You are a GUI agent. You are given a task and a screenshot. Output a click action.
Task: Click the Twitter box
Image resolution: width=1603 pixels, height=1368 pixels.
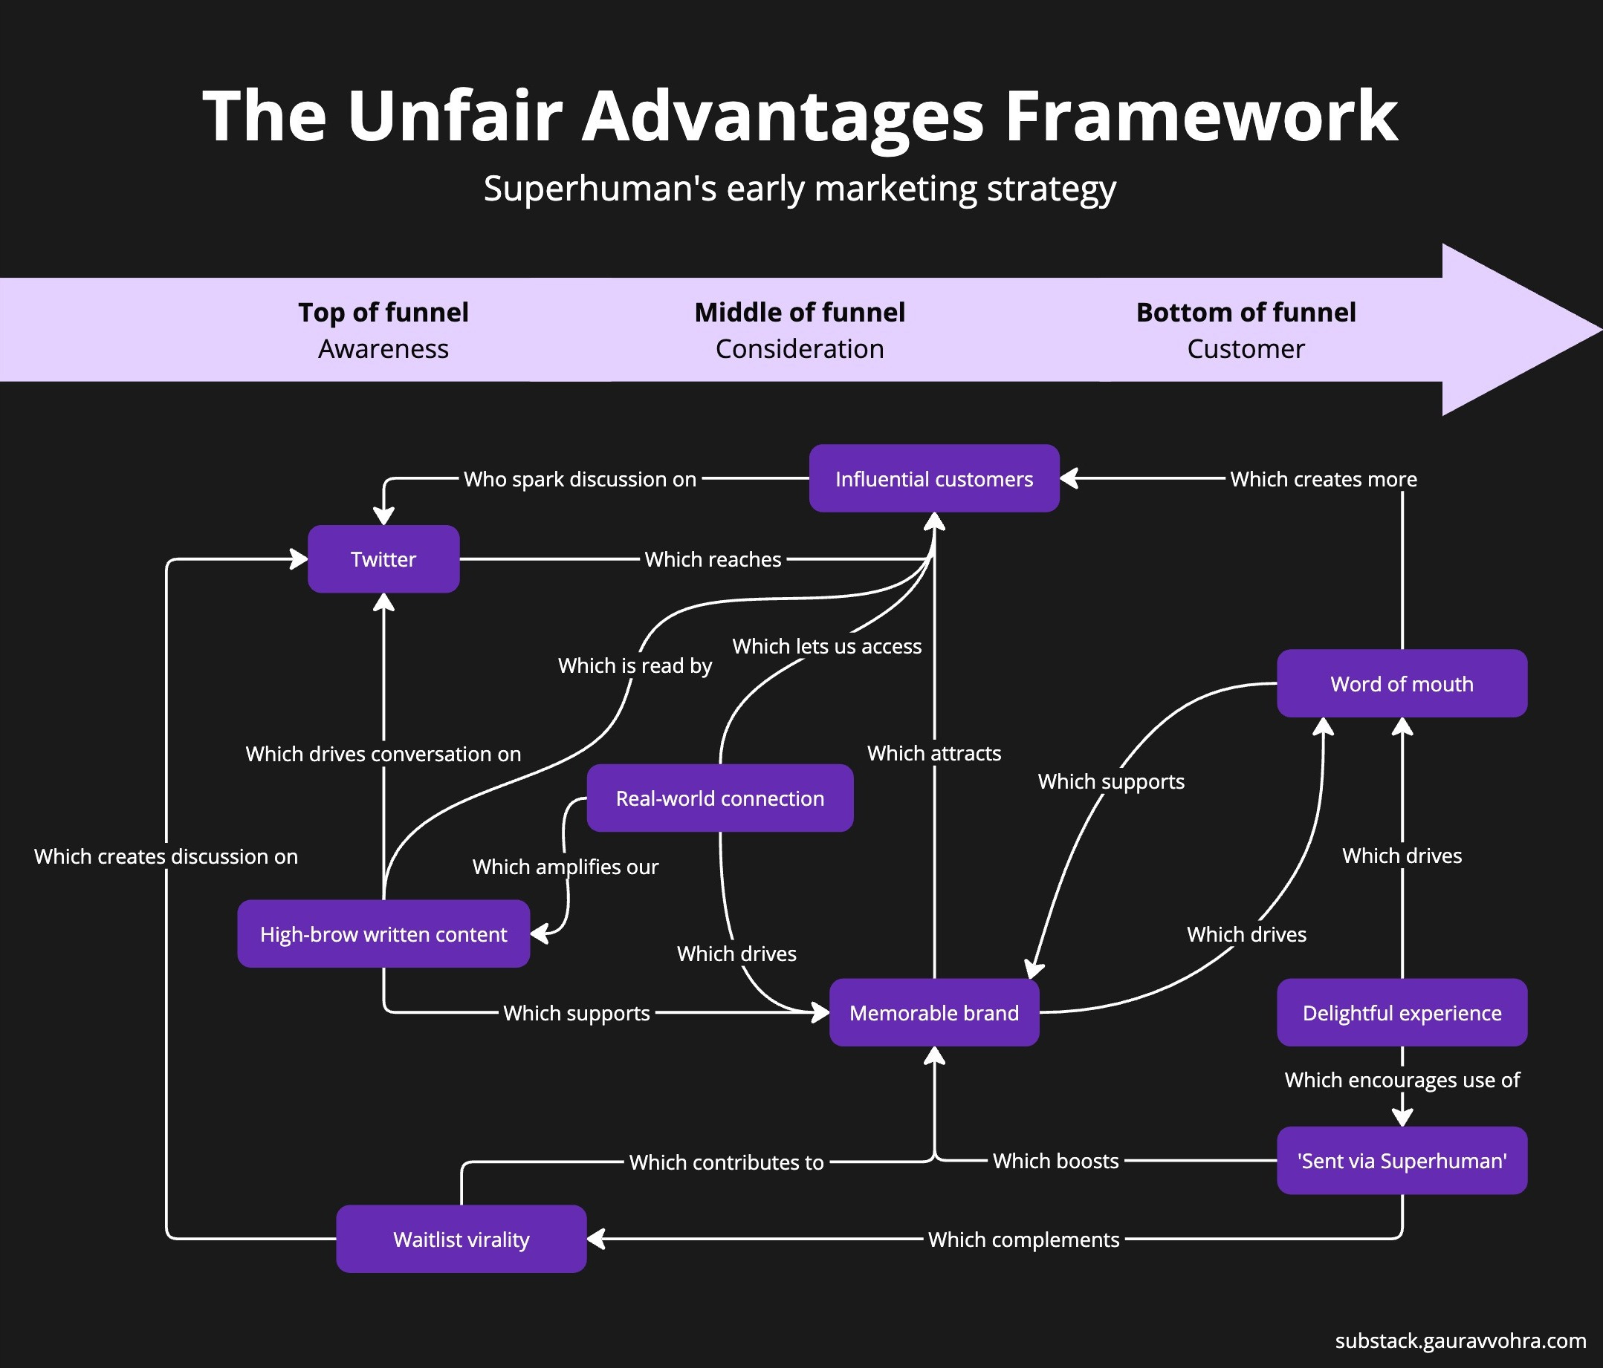pos(383,559)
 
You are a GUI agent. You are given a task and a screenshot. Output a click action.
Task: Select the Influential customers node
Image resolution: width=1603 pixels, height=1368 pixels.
pos(934,479)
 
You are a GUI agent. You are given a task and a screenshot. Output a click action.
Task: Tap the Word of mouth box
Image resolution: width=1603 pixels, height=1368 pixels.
pos(1401,683)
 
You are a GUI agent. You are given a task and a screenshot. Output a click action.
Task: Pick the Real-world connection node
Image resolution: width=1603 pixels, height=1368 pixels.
pos(719,798)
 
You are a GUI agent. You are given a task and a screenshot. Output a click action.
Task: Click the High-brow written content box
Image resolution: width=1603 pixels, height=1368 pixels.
pos(383,934)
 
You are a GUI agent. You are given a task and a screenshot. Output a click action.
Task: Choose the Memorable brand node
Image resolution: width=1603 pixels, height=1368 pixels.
pos(934,1013)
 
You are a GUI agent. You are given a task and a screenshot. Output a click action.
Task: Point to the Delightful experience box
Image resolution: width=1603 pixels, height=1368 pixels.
pos(1401,1013)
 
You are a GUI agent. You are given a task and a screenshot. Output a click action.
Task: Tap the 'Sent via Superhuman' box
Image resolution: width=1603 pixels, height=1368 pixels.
pos(1401,1161)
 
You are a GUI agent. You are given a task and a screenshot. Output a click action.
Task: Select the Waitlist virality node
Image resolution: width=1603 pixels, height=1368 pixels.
pos(461,1240)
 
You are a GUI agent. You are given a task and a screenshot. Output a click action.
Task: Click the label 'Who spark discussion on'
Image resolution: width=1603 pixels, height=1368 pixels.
pos(580,480)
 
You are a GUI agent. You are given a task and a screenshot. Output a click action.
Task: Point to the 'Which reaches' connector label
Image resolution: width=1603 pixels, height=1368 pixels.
pos(713,559)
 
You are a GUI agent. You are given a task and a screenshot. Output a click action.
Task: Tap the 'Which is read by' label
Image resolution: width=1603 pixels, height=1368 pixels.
pos(635,666)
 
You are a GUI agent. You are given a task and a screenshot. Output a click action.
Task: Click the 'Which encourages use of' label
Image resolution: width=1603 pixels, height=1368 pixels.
pos(1401,1080)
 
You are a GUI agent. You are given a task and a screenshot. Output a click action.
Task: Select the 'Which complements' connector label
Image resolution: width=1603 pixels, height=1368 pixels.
pos(1023,1240)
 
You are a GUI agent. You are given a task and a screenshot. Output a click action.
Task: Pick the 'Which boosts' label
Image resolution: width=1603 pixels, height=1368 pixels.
pos(1055,1161)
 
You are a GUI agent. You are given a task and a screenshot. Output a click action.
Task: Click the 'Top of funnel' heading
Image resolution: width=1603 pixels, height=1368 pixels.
pos(383,313)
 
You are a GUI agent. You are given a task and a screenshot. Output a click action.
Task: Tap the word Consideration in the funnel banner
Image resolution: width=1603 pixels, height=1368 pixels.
pos(799,349)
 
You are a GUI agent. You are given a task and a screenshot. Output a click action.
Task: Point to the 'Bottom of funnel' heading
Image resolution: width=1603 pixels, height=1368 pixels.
pos(1245,313)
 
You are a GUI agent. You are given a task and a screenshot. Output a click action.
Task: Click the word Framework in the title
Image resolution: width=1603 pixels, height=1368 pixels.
pos(1200,116)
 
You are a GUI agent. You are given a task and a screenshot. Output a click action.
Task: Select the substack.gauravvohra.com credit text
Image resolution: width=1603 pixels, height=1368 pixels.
pos(1460,1341)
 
